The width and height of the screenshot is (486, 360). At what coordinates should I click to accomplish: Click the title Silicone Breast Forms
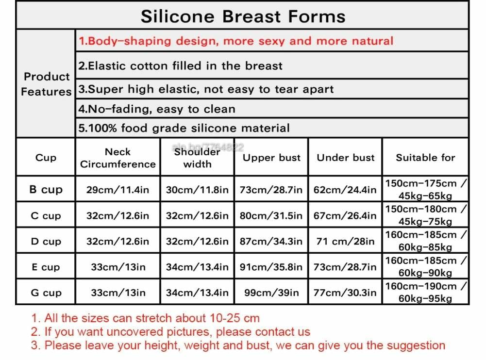[243, 16]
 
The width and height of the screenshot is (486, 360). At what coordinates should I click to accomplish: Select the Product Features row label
[46, 84]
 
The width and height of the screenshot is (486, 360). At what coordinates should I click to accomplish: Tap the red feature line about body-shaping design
[236, 41]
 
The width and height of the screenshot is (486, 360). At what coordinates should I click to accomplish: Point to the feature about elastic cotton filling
[181, 65]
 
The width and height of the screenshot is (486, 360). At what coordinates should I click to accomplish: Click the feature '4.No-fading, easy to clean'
[157, 109]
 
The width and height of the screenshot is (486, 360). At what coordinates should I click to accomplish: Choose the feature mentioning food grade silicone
[184, 128]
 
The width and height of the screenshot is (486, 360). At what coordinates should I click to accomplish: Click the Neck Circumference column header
[118, 158]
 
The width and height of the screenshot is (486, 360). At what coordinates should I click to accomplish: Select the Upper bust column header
[271, 158]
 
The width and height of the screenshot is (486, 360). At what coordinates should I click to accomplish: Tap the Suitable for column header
[425, 158]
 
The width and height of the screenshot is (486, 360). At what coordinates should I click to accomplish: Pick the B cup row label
[46, 189]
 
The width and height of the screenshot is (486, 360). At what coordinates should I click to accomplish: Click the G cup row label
[46, 293]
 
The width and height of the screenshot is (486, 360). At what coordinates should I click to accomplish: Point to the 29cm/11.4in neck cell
[118, 190]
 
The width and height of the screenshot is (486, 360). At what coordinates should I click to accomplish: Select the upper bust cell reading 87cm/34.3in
[271, 241]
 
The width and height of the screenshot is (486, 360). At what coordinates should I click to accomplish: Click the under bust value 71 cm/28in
[345, 241]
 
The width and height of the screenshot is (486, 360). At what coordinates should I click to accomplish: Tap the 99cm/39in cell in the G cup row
[271, 293]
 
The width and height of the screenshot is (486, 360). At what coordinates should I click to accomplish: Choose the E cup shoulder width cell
[197, 267]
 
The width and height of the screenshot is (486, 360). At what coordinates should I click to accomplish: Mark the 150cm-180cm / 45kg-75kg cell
[426, 215]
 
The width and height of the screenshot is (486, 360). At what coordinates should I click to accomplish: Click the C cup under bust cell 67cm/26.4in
[345, 215]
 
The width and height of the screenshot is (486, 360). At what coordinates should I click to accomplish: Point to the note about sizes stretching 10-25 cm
[145, 318]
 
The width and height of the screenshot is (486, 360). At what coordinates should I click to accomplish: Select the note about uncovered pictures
[170, 332]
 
